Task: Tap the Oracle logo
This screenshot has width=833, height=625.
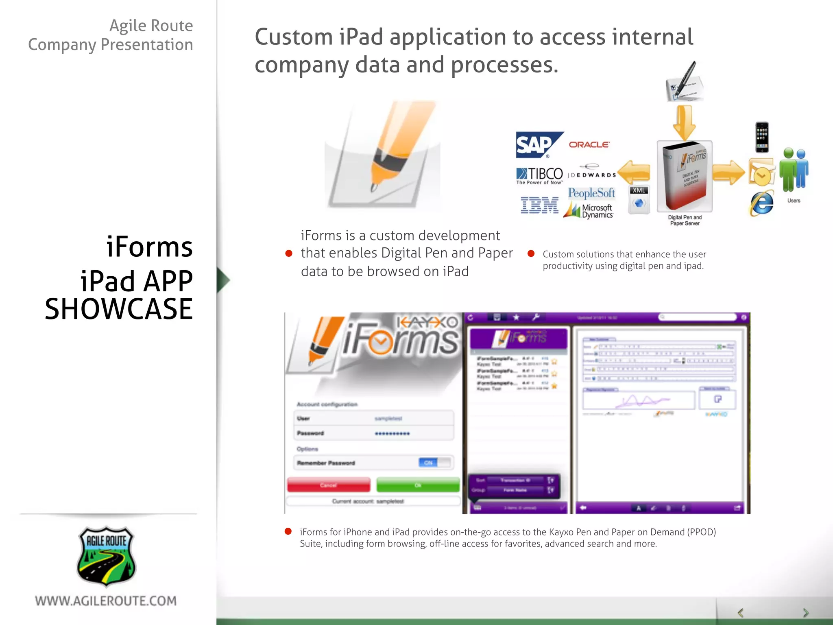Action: pos(589,144)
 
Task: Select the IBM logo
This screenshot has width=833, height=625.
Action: pos(539,205)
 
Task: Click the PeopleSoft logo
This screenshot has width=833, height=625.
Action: pos(591,193)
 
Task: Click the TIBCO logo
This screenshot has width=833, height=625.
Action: pos(540,175)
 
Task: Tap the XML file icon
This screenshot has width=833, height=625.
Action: pos(639,199)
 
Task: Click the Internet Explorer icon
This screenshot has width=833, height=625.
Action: pos(761,203)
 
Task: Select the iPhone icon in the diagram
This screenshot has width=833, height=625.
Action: pos(762,138)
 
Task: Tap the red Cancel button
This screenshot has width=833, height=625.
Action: pos(329,485)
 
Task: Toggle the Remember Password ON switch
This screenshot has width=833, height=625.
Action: pos(434,463)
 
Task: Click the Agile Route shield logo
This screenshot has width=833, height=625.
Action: pos(106,557)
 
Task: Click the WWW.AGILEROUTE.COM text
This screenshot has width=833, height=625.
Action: pos(106,601)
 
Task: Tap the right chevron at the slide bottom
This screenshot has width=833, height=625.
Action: pos(806,613)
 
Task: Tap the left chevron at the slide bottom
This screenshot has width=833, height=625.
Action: pos(741,613)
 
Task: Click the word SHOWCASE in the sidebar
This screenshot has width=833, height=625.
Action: pos(119,309)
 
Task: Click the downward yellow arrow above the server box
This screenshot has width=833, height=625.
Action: pos(684,122)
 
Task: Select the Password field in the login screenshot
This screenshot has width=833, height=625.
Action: pos(373,433)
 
